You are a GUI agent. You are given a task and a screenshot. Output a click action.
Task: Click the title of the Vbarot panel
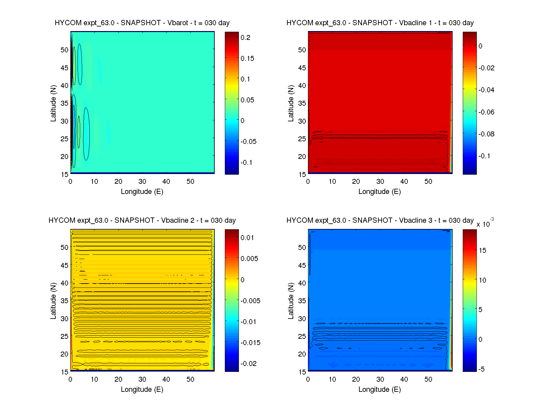[142, 23]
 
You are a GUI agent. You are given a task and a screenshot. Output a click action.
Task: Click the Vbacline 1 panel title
[380, 23]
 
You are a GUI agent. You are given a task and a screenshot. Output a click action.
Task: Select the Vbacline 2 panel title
[142, 220]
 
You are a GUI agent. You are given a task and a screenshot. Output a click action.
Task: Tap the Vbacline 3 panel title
[380, 220]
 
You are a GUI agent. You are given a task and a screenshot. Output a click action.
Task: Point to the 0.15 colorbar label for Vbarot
[247, 59]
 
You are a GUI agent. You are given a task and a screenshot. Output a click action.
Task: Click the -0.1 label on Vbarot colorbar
[246, 163]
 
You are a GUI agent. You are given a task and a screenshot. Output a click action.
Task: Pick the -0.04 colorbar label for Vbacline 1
[486, 90]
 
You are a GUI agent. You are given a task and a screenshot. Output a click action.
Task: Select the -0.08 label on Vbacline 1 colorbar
[486, 134]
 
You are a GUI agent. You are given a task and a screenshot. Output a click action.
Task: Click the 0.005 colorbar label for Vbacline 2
[249, 259]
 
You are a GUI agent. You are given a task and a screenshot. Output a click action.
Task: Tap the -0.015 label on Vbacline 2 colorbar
[250, 343]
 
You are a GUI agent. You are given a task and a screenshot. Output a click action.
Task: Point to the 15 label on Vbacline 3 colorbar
[482, 251]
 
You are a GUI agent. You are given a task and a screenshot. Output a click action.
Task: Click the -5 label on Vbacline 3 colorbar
[481, 369]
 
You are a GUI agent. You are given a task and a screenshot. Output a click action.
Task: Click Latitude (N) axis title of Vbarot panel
[53, 103]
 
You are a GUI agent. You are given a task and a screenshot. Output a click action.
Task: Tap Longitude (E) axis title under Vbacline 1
[380, 192]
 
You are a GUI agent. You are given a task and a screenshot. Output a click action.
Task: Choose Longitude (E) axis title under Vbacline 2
[142, 390]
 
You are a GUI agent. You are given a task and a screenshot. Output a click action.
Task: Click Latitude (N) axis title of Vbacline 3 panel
[291, 301]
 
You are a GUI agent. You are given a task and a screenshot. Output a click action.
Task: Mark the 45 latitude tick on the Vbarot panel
[64, 68]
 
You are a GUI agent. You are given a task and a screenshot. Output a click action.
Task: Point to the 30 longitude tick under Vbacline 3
[380, 379]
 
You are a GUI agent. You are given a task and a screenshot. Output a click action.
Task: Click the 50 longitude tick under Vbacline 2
[190, 379]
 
